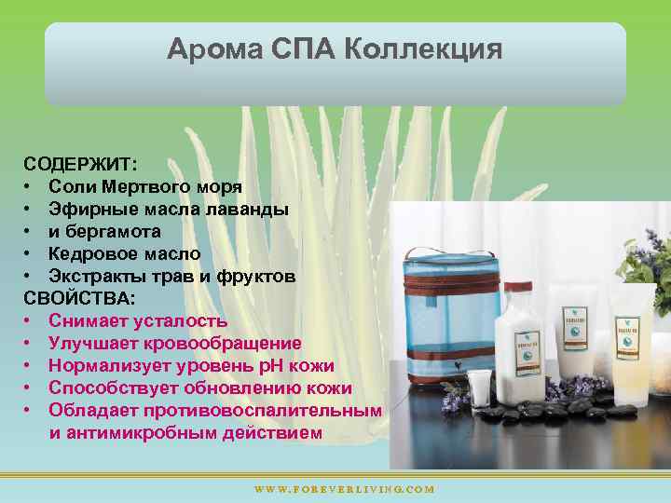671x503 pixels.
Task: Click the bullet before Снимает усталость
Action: pyautogui.click(x=31, y=321)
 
